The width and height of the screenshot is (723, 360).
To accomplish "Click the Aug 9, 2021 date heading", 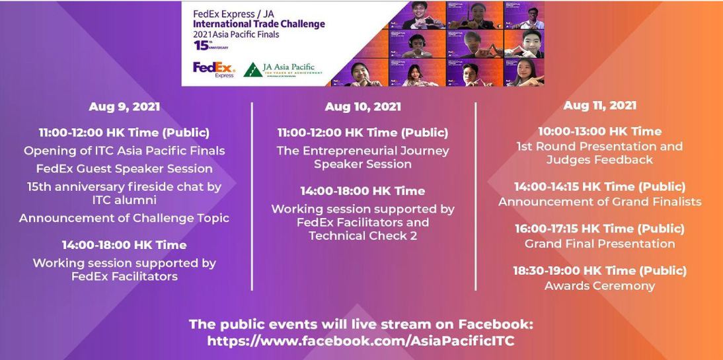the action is coord(124,106).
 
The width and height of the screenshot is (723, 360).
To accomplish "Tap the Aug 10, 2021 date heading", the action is coord(363,107).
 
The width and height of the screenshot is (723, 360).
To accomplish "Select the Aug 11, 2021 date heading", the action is coord(600,105).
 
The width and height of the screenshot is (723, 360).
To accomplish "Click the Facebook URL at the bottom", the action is coord(361,341).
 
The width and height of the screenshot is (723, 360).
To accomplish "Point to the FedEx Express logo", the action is coord(214,69).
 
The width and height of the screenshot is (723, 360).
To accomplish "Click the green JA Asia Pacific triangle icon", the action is coord(252,69).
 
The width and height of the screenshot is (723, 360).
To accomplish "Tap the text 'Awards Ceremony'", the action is coord(599,286).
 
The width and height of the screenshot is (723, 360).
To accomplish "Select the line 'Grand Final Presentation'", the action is coord(599,243).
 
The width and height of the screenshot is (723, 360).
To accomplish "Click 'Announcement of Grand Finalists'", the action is coord(600,201).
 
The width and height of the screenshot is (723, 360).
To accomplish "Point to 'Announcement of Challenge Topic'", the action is coord(124,218).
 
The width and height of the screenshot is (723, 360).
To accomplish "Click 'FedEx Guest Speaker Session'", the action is coord(124,168).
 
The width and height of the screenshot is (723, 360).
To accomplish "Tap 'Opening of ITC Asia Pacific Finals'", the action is coord(124,151).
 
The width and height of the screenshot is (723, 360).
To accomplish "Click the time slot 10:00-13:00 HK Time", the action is coord(600,131).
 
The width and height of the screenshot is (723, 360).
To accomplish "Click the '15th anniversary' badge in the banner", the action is coord(210,45).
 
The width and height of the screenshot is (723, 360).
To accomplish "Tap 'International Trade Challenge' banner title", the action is coord(258,24).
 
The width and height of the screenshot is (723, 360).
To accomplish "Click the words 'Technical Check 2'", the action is coord(363,236).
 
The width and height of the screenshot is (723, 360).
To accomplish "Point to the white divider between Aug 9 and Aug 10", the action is coord(252,196).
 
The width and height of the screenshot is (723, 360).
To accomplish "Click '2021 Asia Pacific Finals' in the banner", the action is coord(236,34).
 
